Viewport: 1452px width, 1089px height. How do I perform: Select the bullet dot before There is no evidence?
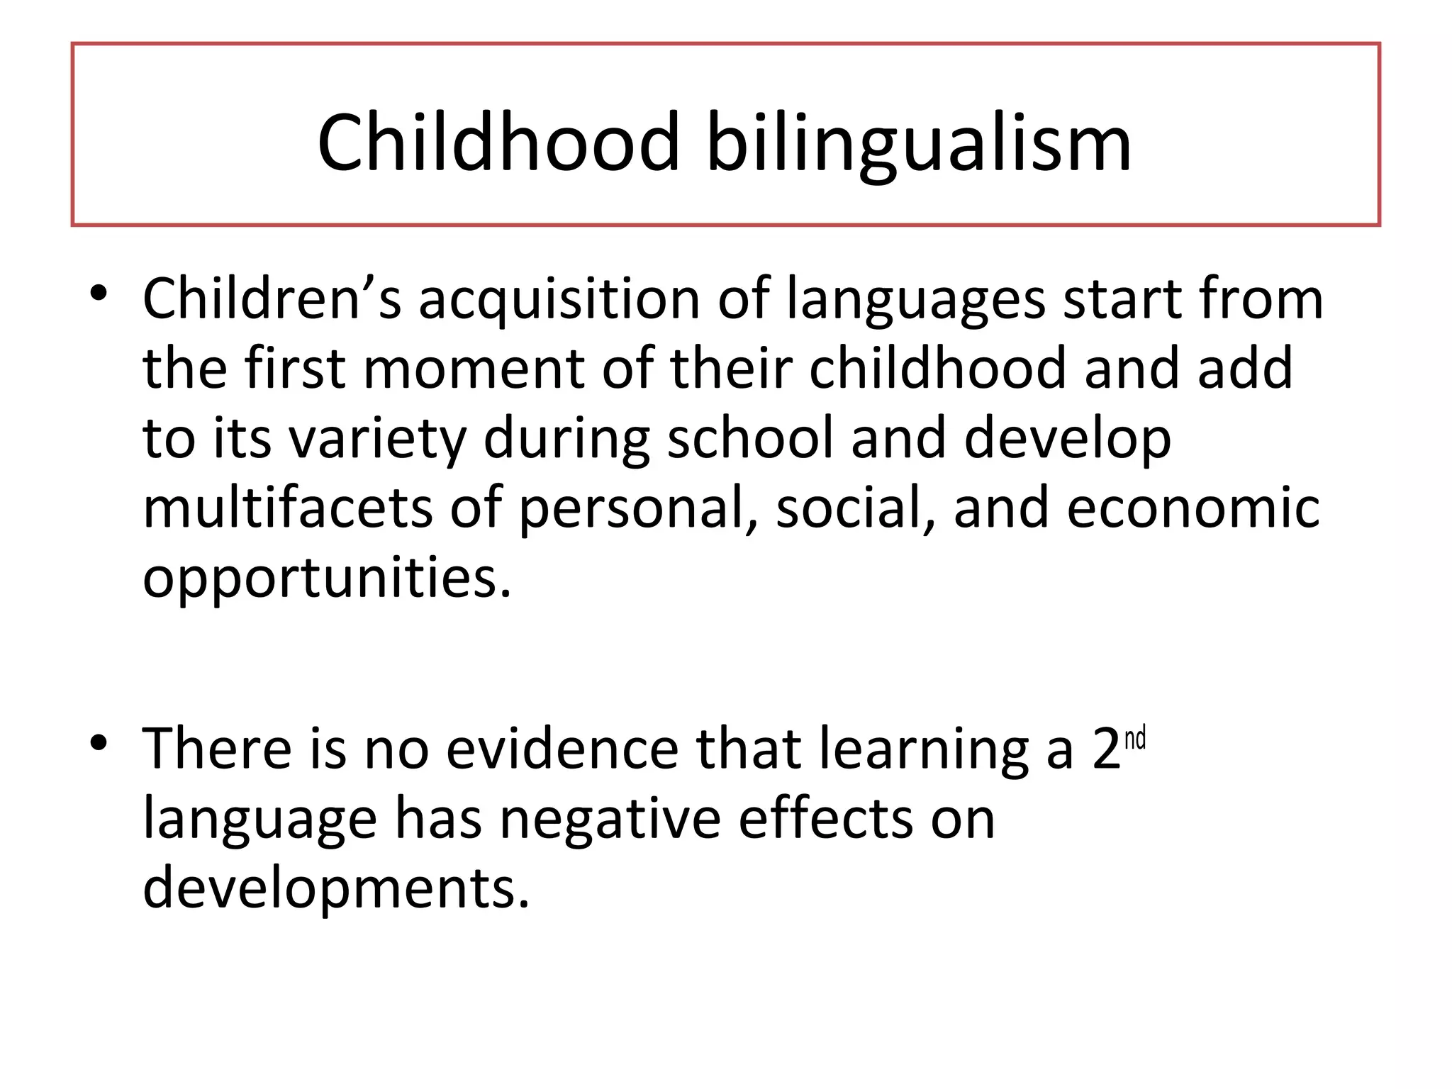click(99, 742)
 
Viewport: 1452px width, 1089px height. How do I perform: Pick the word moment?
click(474, 369)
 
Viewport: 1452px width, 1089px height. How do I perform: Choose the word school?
click(750, 437)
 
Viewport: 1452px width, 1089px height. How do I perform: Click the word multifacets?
click(287, 508)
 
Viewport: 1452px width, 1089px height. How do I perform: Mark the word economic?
click(1193, 508)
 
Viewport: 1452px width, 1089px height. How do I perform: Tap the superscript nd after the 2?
click(1135, 738)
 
